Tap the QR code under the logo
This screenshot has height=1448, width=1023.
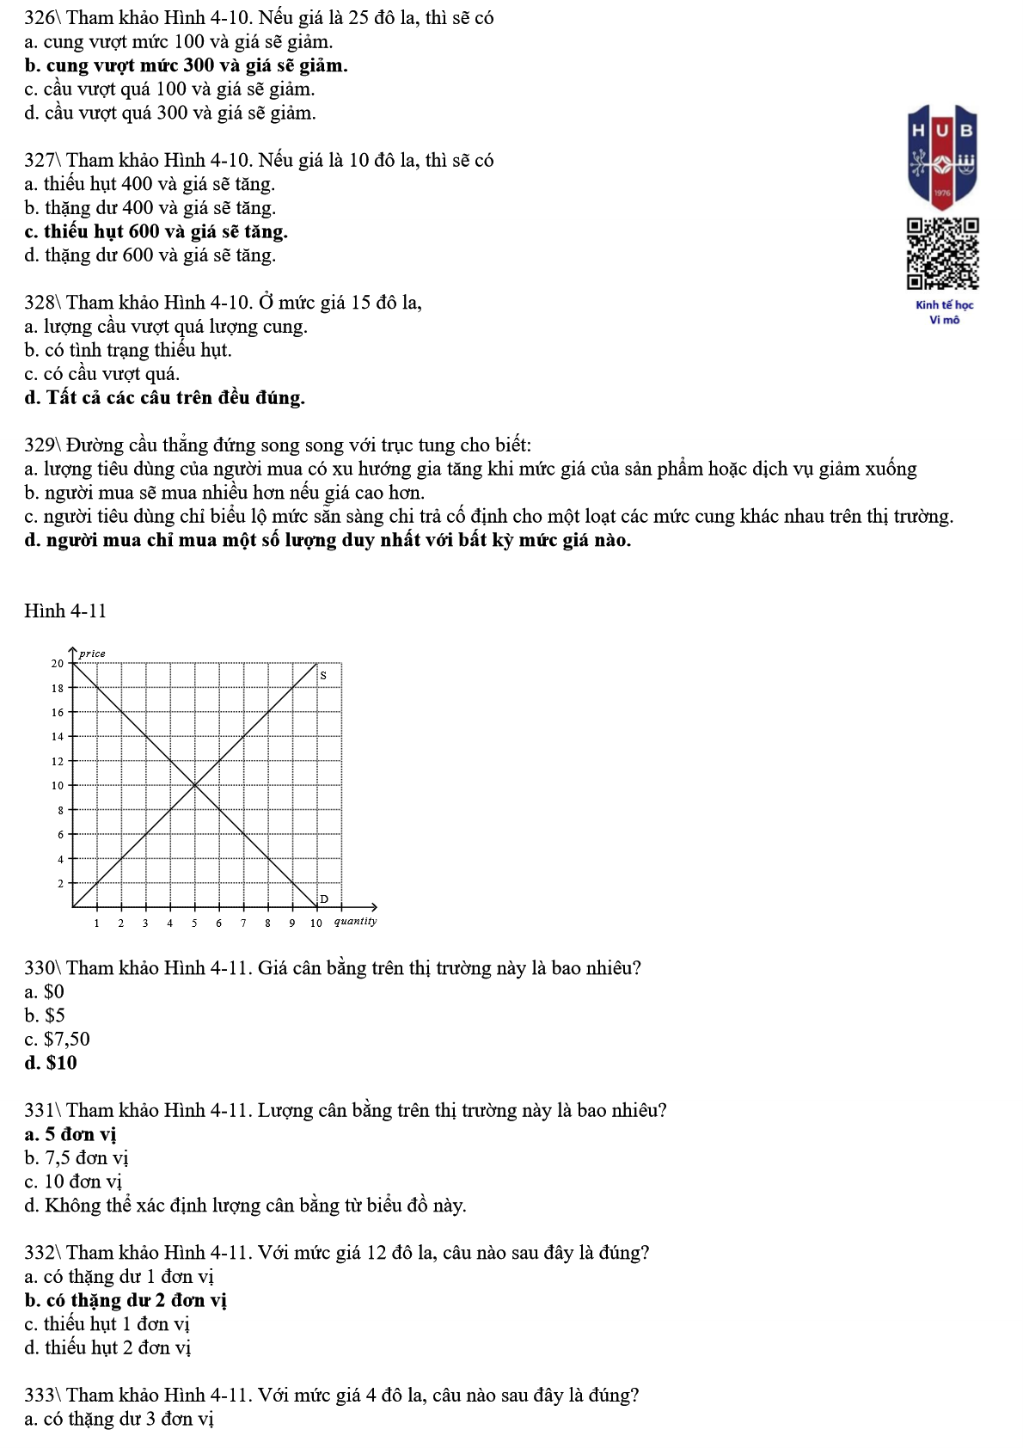point(943,254)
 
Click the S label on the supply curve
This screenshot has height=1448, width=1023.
point(323,676)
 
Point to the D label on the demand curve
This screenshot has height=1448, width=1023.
point(324,899)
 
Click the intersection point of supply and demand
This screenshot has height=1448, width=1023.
point(194,785)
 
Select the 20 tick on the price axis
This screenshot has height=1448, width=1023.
point(58,663)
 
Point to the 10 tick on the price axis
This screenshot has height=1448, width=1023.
point(58,785)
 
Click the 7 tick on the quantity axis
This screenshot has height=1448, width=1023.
point(243,923)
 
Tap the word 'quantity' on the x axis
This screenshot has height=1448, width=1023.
point(355,921)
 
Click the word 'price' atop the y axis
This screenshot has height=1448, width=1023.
point(92,653)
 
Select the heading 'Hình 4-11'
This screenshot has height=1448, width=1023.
point(65,610)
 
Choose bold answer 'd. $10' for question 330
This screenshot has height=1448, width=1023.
point(51,1063)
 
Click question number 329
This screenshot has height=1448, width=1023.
point(40,445)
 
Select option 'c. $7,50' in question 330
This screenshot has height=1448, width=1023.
point(57,1039)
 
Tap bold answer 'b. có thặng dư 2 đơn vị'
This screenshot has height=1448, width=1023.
point(126,1300)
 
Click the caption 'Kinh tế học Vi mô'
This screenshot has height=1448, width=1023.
point(944,312)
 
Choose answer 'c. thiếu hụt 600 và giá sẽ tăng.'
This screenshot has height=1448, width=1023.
point(156,231)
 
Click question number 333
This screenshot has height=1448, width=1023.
point(40,1395)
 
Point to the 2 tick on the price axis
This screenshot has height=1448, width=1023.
point(60,883)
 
